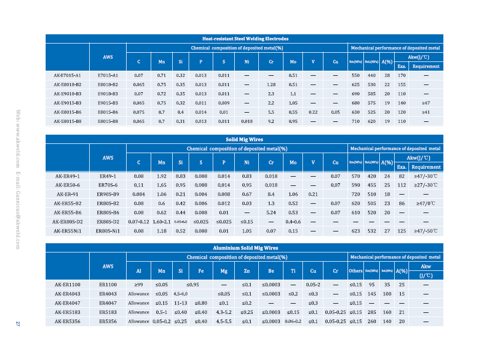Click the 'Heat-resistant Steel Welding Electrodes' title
tap(244, 38)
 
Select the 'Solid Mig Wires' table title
tap(244, 139)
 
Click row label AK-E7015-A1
tap(68, 75)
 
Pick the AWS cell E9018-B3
tap(108, 94)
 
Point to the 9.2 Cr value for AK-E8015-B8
tap(271, 121)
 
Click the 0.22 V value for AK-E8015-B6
tap(313, 112)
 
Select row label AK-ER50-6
tap(68, 185)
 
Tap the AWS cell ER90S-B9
tap(108, 194)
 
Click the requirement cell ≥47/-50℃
tap(425, 231)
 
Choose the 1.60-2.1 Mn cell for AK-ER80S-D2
tap(161, 222)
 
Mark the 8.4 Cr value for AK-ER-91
tap(271, 194)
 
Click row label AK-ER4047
tap(68, 303)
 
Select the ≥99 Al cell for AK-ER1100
tap(138, 284)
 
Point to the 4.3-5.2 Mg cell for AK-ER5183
tap(223, 312)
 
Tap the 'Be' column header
tap(271, 271)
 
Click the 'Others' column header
tap(355, 271)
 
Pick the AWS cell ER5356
tap(108, 321)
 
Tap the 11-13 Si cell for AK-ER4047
tap(180, 303)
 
